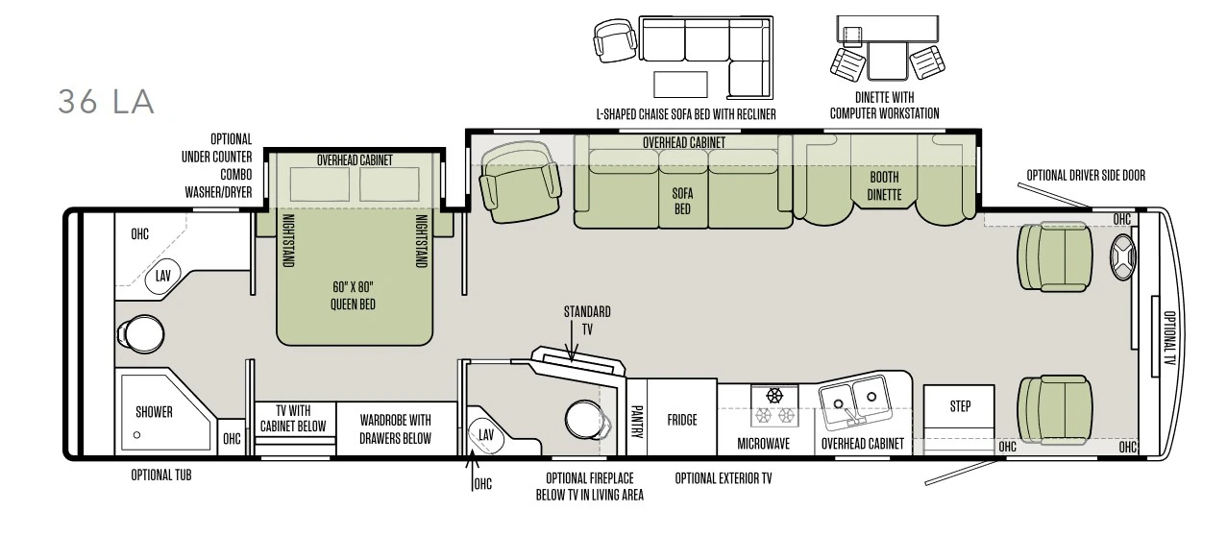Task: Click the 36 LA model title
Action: click(106, 102)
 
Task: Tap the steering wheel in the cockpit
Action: click(1122, 256)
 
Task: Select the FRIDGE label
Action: click(682, 420)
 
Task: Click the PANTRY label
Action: click(636, 422)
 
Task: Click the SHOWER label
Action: click(154, 412)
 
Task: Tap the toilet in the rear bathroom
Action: click(140, 333)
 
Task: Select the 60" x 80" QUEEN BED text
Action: click(353, 296)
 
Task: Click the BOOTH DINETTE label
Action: click(884, 185)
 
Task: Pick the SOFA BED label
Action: click(682, 201)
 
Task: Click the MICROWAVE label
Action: click(763, 444)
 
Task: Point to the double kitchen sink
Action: click(853, 401)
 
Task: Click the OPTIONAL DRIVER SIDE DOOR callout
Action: click(1086, 175)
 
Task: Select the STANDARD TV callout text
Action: click(587, 320)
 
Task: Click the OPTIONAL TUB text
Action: click(161, 475)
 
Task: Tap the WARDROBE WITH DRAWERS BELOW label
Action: click(395, 429)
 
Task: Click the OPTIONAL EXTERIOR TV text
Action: click(724, 478)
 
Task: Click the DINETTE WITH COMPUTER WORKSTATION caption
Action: click(884, 105)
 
